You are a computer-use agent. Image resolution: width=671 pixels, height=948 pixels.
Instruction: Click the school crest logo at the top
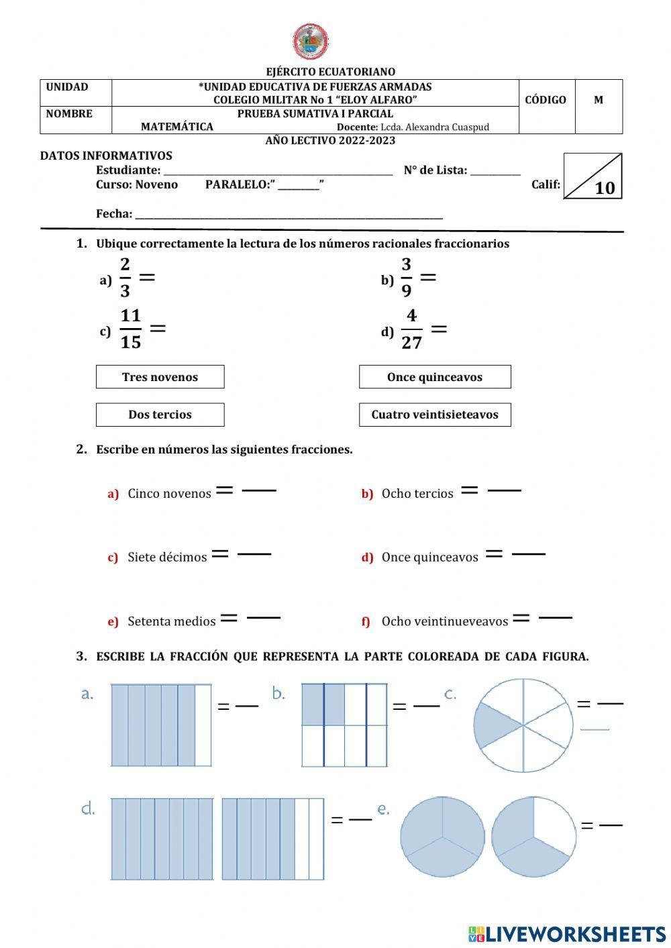coord(311,42)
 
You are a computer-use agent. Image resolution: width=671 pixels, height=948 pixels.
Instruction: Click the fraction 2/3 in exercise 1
coord(125,277)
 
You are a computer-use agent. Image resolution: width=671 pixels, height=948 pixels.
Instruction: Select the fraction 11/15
coord(131,329)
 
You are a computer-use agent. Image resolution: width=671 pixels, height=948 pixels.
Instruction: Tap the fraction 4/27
coord(411,329)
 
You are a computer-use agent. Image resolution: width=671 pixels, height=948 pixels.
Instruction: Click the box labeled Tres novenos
coord(160,377)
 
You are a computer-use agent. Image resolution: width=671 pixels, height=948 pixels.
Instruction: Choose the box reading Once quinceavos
coord(435,377)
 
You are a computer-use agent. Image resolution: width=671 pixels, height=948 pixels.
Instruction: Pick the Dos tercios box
coord(160,415)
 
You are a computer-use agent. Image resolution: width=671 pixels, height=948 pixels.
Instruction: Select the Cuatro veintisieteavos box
coord(435,415)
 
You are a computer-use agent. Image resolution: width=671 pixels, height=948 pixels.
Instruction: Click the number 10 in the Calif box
coord(605,188)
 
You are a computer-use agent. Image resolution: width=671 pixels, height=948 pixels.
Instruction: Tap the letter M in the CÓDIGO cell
coord(599,100)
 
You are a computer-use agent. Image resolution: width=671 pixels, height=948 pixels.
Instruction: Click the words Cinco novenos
coord(169,494)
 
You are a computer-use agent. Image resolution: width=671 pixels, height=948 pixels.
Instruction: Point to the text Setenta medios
coord(172,621)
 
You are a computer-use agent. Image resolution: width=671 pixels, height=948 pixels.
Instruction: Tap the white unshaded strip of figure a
coord(203,725)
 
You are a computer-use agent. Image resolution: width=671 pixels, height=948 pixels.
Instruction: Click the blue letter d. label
coord(88,808)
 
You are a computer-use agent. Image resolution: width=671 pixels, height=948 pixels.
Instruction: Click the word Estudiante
coord(128,170)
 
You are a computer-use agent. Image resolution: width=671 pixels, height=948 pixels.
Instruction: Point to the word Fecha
coord(114,214)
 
